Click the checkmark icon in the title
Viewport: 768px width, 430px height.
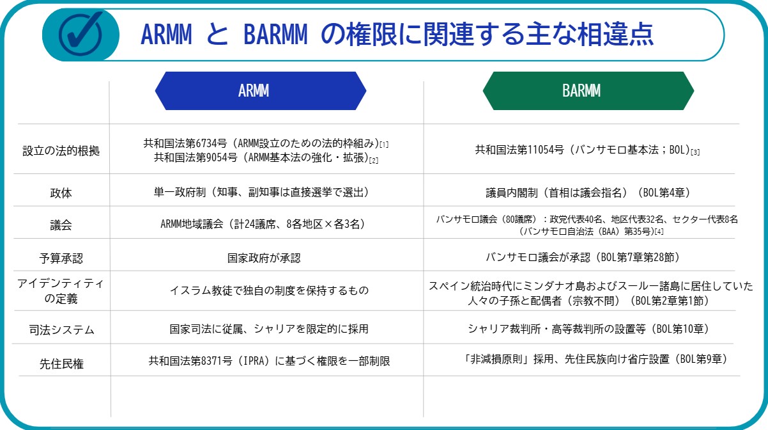click(81, 35)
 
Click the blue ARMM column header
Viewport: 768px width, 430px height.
click(261, 91)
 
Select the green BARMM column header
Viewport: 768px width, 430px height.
click(588, 91)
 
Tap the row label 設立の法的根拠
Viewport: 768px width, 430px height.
click(61, 151)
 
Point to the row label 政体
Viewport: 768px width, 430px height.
click(61, 193)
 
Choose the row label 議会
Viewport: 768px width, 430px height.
click(61, 225)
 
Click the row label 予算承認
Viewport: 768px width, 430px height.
click(61, 258)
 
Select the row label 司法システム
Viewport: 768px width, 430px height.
click(61, 330)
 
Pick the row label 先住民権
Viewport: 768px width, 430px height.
click(61, 363)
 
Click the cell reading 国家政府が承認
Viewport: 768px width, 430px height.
click(264, 258)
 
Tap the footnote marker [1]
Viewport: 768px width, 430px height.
click(384, 145)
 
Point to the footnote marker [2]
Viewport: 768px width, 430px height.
click(374, 161)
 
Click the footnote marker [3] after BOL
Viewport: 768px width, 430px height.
click(695, 152)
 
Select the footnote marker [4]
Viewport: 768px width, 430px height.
click(659, 232)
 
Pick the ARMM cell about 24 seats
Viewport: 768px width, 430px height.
click(263, 224)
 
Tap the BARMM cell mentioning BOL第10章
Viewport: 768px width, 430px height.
click(588, 329)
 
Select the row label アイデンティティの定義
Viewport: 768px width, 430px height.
click(61, 291)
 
